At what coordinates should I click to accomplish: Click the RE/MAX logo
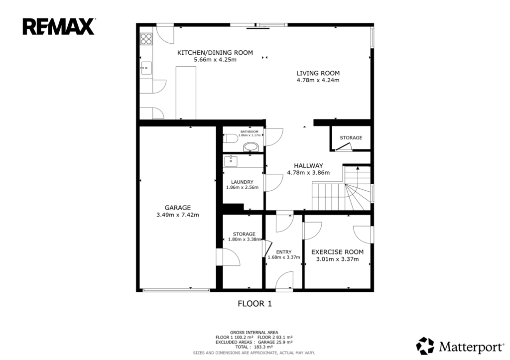point(59,27)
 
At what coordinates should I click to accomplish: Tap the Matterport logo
point(460,346)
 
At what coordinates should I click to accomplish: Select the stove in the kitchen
point(146,39)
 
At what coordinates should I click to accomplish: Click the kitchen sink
point(146,68)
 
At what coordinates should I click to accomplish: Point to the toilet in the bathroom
point(231,138)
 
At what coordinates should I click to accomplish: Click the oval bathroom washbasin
point(251,147)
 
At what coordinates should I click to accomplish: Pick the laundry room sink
point(231,161)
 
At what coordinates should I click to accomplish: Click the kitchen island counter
point(186,93)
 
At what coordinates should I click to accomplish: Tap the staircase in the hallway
point(342,189)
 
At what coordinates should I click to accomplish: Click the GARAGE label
point(178,208)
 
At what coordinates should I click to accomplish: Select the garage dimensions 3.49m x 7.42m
point(178,215)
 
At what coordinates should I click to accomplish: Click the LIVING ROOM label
point(318,73)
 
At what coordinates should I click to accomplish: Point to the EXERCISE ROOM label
point(337,252)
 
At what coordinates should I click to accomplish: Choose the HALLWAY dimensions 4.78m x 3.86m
point(308,173)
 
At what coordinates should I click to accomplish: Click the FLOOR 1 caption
point(255,304)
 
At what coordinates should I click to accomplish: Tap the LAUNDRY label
point(242,182)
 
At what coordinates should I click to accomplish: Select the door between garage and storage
point(228,257)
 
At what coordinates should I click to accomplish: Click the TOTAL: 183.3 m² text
point(254,347)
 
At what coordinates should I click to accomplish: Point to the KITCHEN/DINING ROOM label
point(215,53)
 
